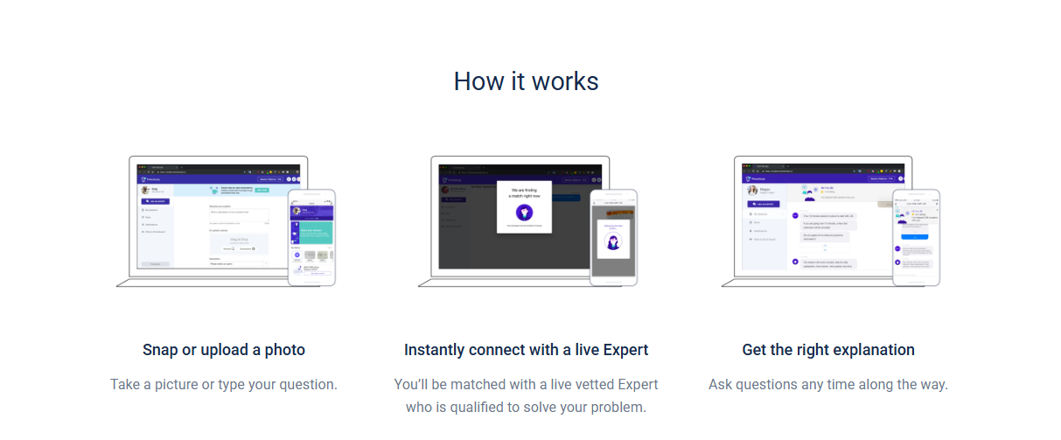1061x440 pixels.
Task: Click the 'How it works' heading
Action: point(526,81)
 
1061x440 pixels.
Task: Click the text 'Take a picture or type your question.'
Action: point(224,384)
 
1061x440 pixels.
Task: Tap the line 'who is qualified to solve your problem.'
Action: point(526,407)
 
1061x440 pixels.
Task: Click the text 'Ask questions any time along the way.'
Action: point(827,384)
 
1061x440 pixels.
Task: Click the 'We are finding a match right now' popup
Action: point(525,207)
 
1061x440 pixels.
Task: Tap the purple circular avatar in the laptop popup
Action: point(525,213)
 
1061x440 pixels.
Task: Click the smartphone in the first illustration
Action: point(312,237)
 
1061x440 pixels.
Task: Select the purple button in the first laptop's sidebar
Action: point(156,201)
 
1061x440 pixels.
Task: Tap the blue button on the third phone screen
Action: point(915,235)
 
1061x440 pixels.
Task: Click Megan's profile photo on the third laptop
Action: point(751,190)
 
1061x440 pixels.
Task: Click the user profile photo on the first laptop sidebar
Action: point(145,189)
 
